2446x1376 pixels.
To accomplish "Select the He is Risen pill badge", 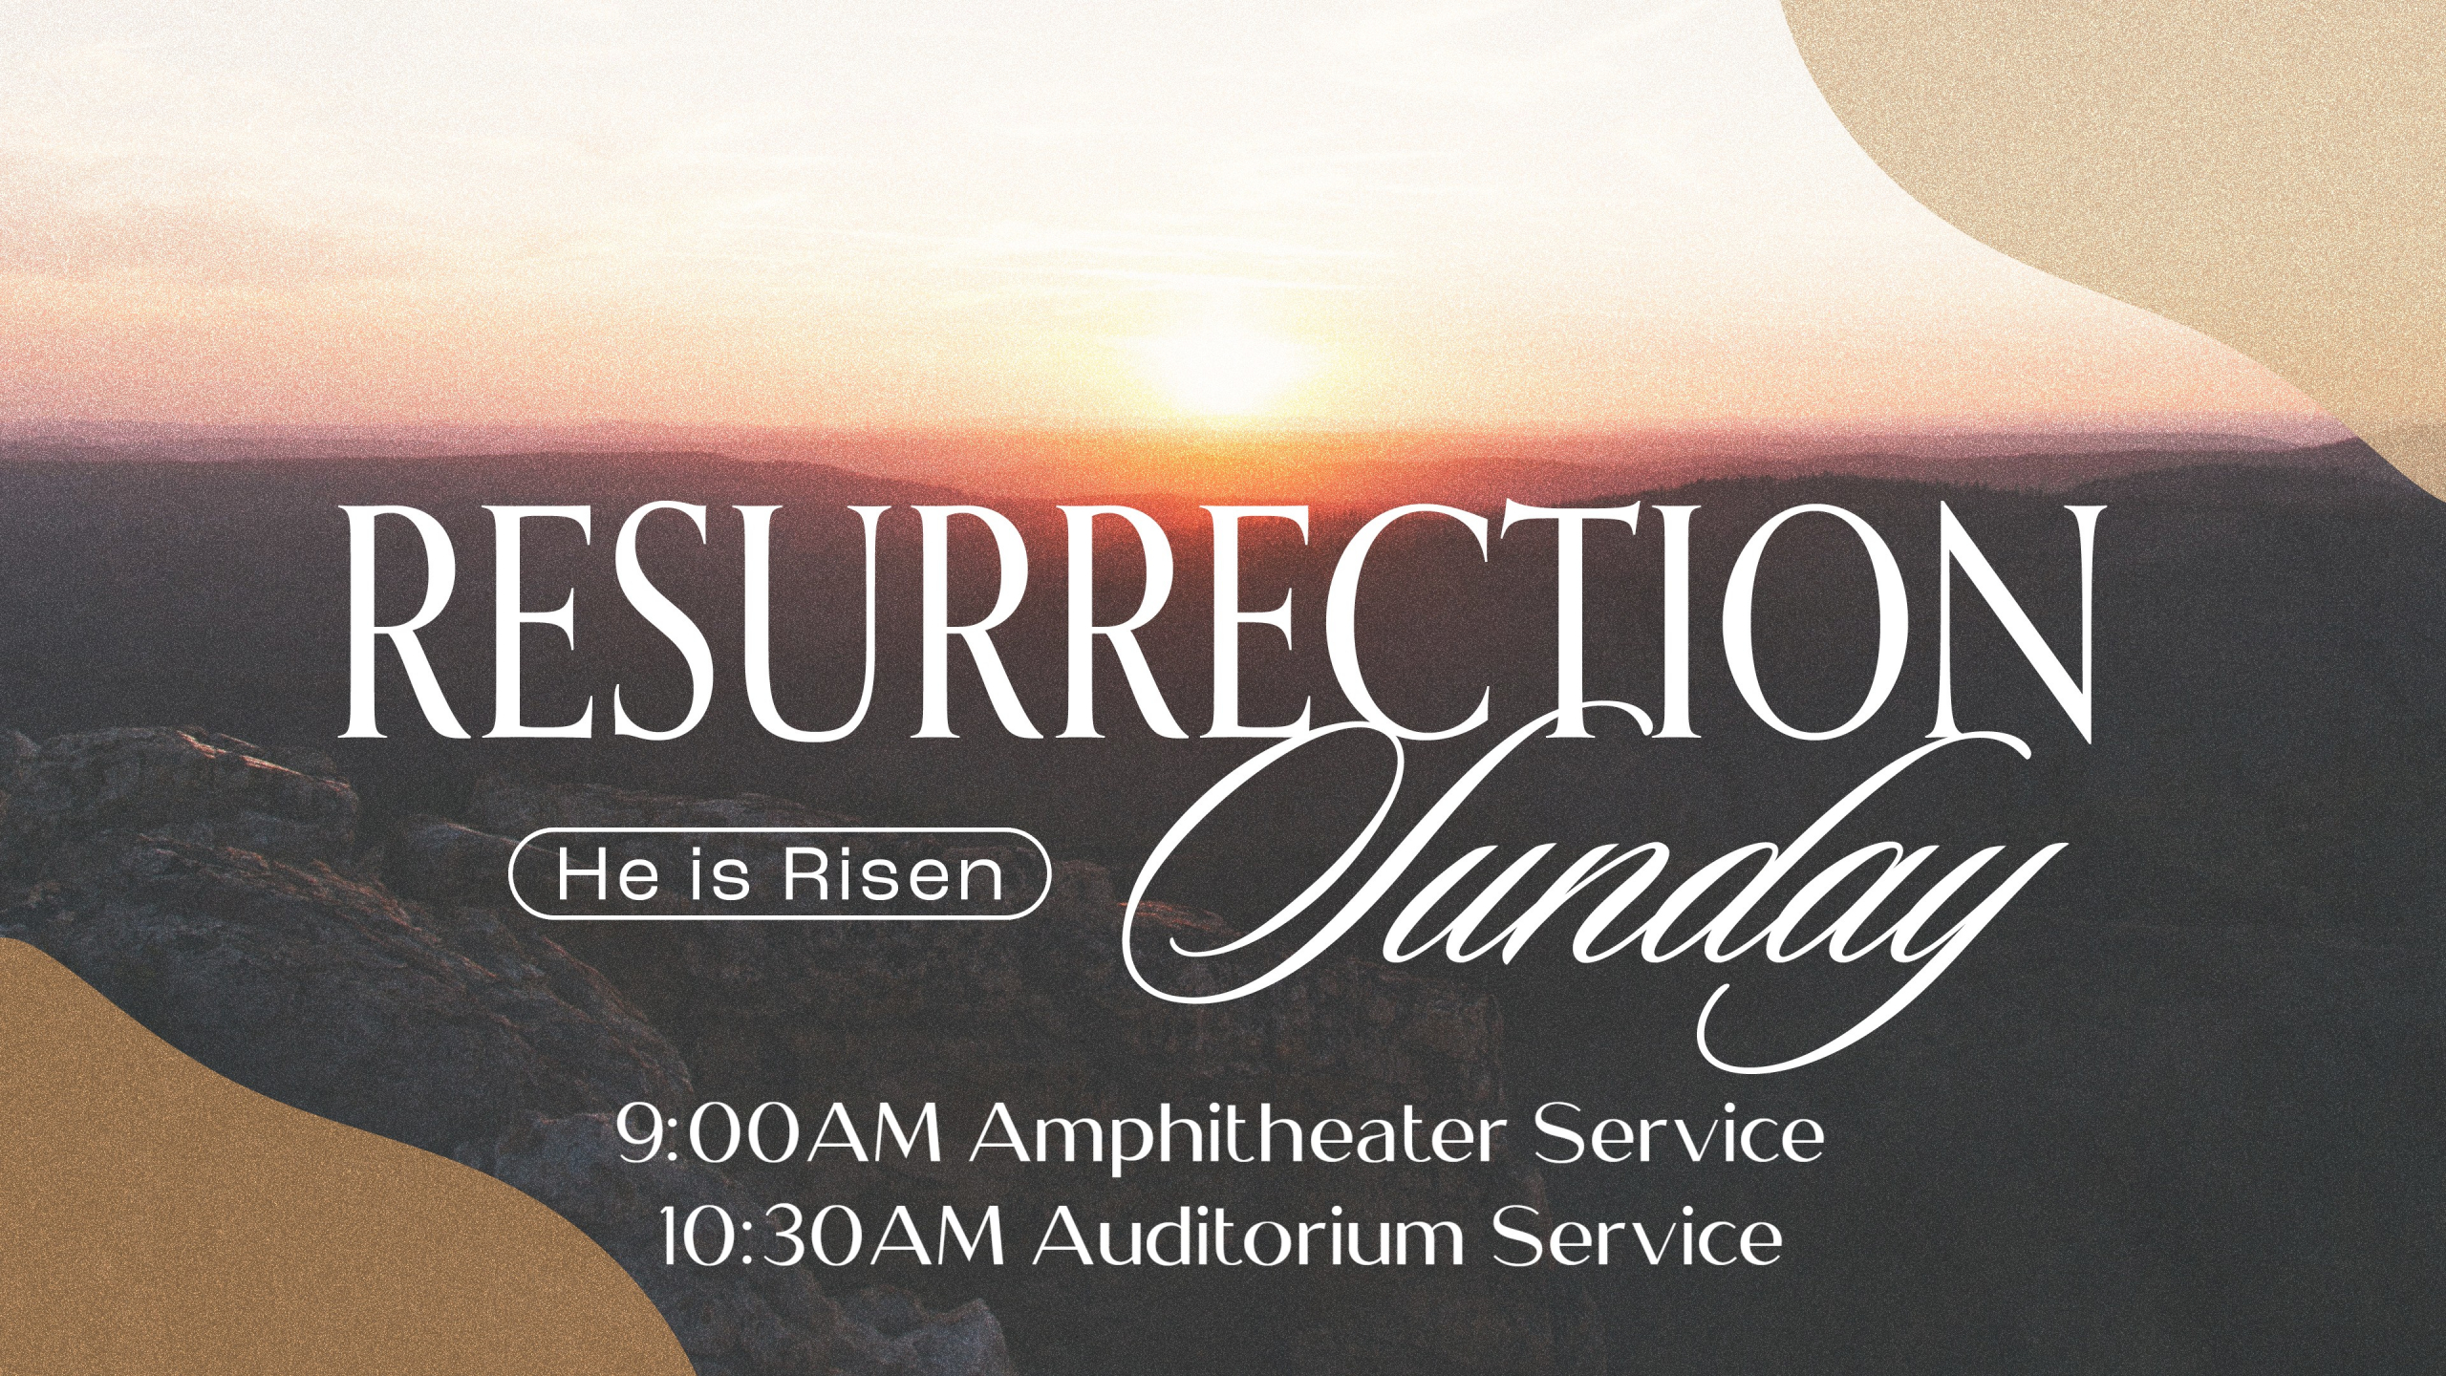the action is coord(780,873).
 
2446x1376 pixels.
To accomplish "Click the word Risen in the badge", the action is coord(893,874).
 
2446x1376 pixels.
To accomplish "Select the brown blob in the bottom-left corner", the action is coord(239,1194).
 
